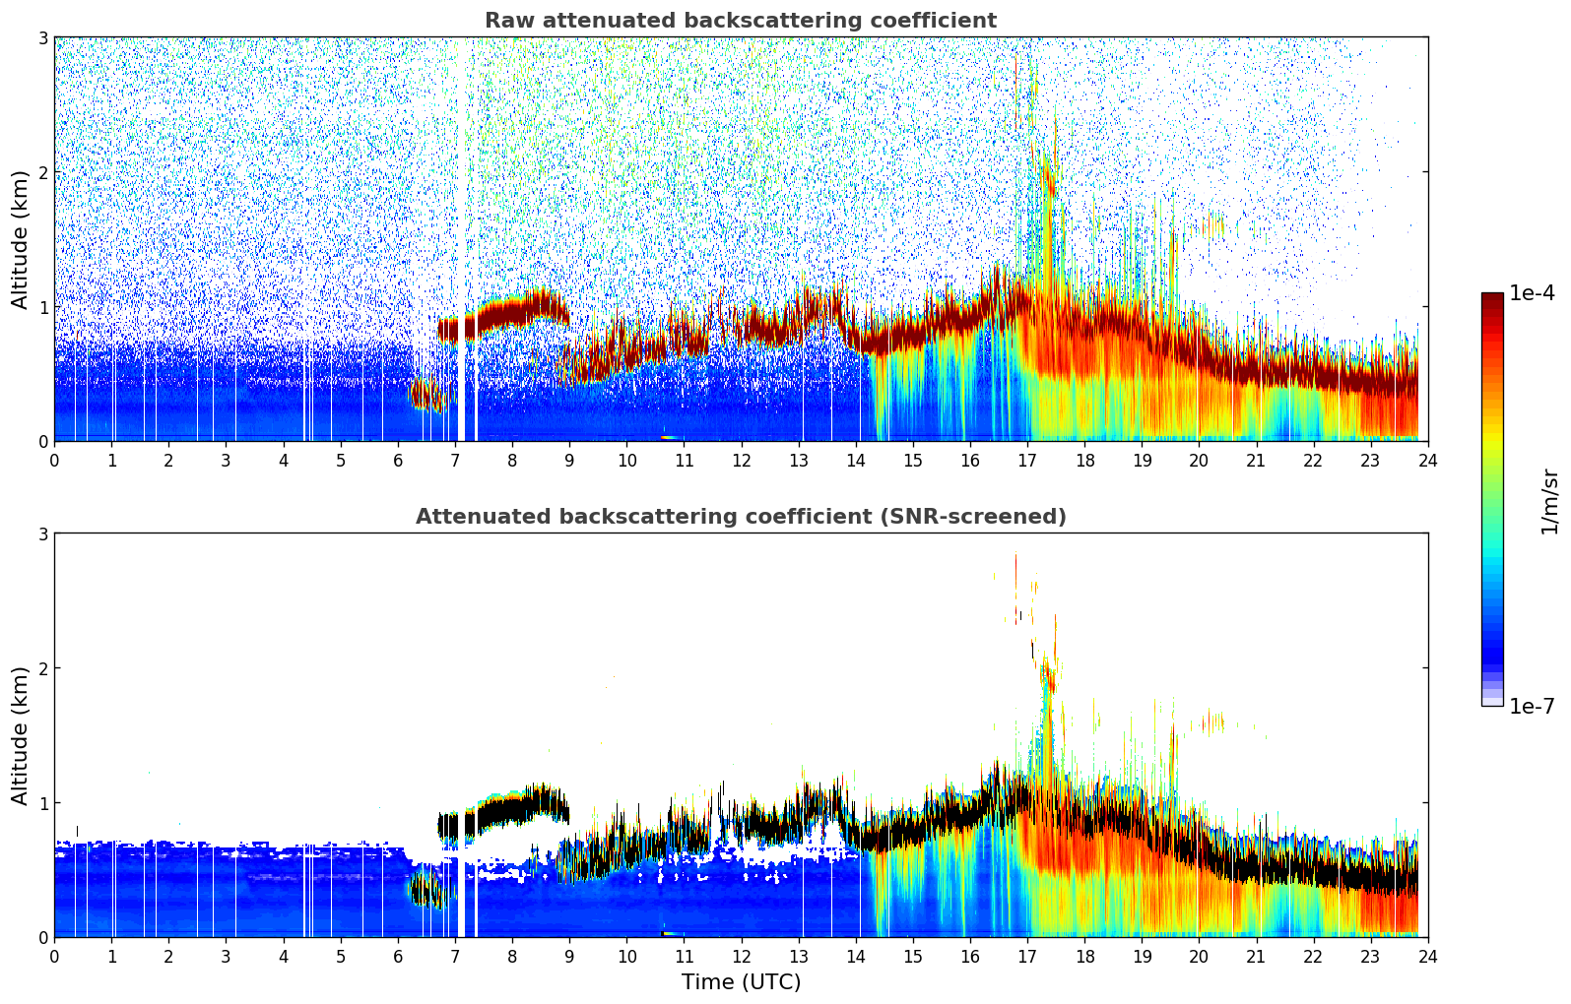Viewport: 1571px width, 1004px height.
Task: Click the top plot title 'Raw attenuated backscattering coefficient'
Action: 740,21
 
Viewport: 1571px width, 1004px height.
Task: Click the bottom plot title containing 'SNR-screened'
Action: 740,517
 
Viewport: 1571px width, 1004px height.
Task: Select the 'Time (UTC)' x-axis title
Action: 741,982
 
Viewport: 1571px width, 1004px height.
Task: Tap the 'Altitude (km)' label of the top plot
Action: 21,239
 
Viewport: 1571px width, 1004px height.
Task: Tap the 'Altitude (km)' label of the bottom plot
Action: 21,735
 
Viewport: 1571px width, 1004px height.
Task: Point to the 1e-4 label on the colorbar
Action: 1532,293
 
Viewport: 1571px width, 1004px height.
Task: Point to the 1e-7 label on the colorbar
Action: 1532,706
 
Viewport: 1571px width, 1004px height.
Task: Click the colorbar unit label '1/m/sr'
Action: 1549,501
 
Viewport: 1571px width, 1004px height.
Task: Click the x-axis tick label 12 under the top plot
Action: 741,461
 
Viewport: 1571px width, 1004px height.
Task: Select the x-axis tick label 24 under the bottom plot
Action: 1427,957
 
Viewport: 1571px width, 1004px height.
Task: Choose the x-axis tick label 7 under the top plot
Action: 455,461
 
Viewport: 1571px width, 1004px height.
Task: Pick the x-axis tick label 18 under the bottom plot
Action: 1084,957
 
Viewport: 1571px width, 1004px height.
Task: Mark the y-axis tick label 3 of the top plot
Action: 43,37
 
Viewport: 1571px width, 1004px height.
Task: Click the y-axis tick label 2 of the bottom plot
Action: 43,668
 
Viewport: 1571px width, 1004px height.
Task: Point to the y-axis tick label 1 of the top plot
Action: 43,307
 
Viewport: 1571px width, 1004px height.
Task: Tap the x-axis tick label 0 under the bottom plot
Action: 54,957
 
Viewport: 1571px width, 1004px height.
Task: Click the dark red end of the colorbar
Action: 1492,299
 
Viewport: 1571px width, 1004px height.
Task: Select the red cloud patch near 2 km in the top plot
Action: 1049,183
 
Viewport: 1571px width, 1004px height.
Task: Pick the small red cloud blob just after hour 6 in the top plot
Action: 425,395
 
